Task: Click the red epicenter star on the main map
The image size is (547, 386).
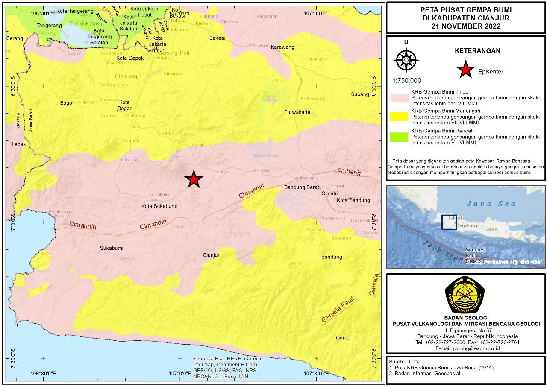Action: click(x=194, y=180)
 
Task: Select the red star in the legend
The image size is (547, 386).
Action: click(x=465, y=70)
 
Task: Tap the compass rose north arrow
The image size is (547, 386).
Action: click(x=406, y=60)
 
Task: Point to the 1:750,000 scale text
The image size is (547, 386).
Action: click(x=406, y=81)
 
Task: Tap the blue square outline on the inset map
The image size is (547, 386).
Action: click(x=449, y=222)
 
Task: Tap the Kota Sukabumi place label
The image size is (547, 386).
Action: click(x=159, y=206)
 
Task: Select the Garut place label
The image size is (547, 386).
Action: click(x=342, y=338)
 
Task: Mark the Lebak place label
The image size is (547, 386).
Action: click(x=19, y=144)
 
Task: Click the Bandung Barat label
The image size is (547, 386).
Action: click(x=302, y=187)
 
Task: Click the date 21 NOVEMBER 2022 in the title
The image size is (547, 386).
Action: click(x=466, y=26)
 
